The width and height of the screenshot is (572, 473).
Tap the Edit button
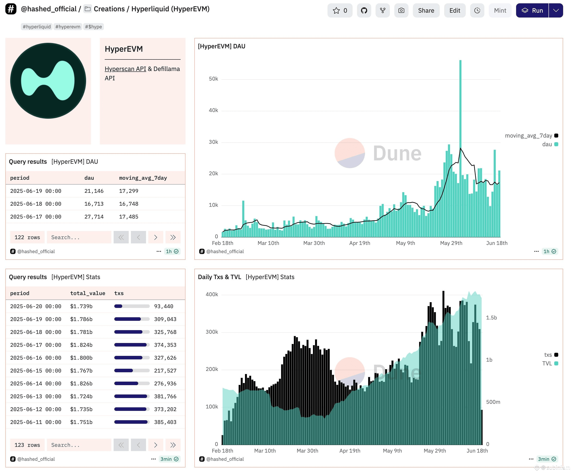pos(455,10)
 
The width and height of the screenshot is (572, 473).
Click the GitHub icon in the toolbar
pos(364,10)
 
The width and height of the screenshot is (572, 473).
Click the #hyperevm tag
pos(68,27)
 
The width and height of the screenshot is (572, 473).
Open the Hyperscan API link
pos(125,69)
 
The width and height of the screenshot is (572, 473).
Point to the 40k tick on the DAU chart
pos(213,110)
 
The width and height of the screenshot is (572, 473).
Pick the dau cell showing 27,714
pos(94,217)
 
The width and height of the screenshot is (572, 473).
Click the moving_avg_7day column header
pos(143,178)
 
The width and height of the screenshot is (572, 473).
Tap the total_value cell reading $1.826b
pos(81,383)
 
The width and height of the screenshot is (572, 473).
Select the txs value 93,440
pos(164,306)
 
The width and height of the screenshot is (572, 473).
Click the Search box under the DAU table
pos(79,237)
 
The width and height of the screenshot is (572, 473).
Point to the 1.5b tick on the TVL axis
pos(491,317)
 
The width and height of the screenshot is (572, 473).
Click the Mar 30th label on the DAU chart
pos(314,243)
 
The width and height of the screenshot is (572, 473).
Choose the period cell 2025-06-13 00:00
pos(36,396)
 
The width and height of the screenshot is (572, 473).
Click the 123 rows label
pos(27,445)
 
